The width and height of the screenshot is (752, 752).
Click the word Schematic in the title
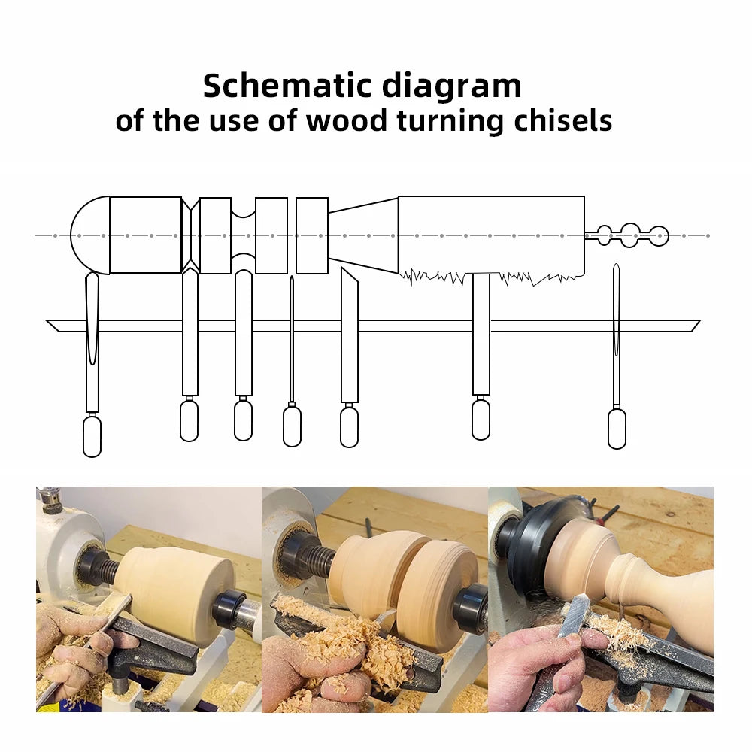pos(287,86)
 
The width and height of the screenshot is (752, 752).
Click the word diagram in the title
pos(451,86)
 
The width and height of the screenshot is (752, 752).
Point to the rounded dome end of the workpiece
pos(89,235)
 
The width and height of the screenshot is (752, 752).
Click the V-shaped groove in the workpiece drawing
pos(190,235)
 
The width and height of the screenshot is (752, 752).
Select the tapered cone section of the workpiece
pos(363,235)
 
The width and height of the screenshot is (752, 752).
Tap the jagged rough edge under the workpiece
pos(489,277)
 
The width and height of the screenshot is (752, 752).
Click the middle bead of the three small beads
pos(629,235)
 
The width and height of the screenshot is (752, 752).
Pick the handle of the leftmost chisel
pos(92,436)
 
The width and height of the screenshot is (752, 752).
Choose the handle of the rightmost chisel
pos(617,429)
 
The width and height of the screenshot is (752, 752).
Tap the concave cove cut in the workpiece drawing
pos(243,235)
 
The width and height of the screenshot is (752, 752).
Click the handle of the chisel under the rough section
pos(481,420)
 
